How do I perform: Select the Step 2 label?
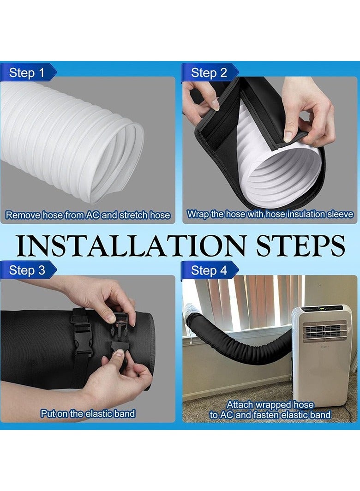pyautogui.click(x=209, y=72)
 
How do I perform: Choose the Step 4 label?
pyautogui.click(x=209, y=270)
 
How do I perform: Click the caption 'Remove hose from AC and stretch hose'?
pyautogui.click(x=88, y=215)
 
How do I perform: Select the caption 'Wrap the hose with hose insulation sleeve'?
pyautogui.click(x=270, y=214)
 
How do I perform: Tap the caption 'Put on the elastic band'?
pyautogui.click(x=88, y=413)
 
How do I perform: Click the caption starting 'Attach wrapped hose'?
pyautogui.click(x=270, y=410)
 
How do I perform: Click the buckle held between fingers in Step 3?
pyautogui.click(x=121, y=323)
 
